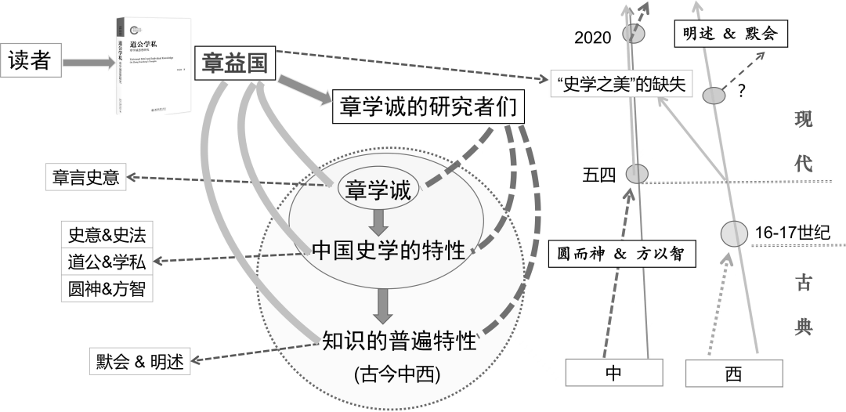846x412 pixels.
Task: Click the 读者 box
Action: (30, 60)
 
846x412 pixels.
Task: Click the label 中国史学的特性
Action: (389, 251)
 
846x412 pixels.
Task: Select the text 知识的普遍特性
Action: (399, 340)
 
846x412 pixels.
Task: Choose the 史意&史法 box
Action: (107, 235)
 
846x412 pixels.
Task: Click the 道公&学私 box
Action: (107, 262)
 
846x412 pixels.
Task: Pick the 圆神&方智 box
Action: (107, 290)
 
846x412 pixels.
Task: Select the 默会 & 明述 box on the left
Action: (139, 362)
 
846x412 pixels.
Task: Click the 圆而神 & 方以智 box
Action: (622, 253)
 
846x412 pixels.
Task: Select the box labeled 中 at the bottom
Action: (613, 373)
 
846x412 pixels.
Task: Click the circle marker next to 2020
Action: (634, 34)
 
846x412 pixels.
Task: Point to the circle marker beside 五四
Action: (637, 173)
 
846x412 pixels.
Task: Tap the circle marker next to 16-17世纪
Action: (734, 233)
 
